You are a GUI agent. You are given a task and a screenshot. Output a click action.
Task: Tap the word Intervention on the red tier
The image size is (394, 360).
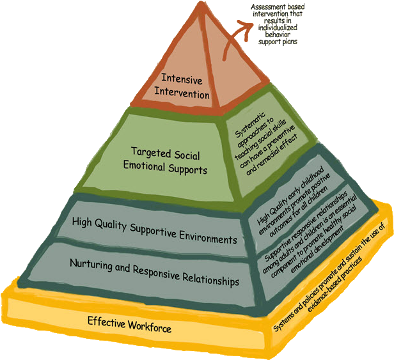[x=185, y=93]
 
